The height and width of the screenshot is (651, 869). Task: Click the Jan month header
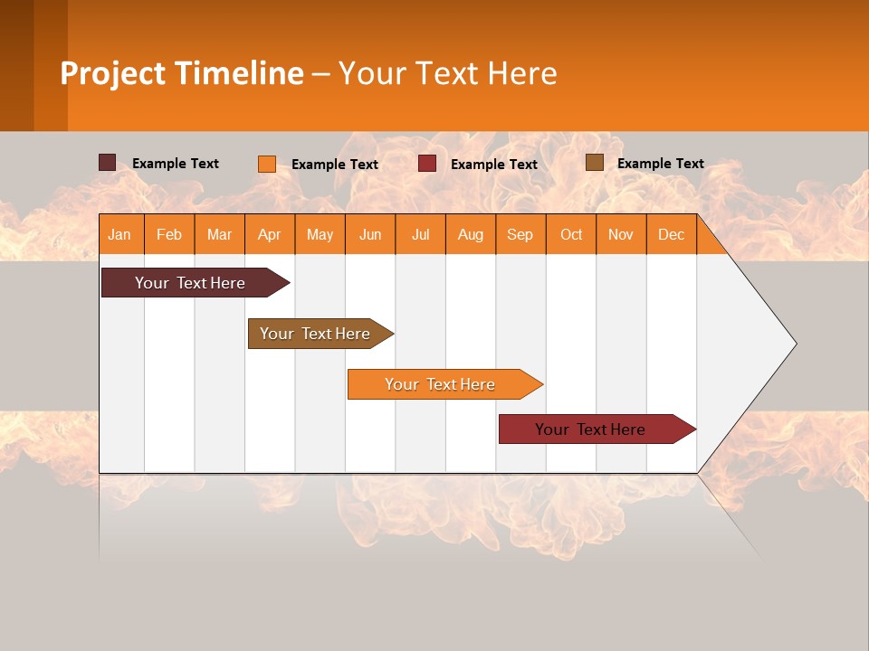(119, 234)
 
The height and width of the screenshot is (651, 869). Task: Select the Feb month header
(169, 234)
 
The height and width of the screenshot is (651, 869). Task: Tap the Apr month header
(269, 234)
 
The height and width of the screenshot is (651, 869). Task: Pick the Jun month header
(369, 234)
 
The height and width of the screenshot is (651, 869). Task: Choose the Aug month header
(470, 234)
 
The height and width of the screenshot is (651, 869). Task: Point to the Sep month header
(520, 234)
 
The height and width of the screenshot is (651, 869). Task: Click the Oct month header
(570, 234)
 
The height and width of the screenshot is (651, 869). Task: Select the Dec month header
(671, 234)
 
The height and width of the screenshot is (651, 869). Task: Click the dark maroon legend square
(107, 163)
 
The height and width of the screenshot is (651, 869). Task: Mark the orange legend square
(266, 164)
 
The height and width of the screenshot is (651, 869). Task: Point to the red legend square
(427, 164)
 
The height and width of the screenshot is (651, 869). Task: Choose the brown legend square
(594, 163)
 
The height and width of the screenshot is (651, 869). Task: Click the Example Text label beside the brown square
(660, 164)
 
